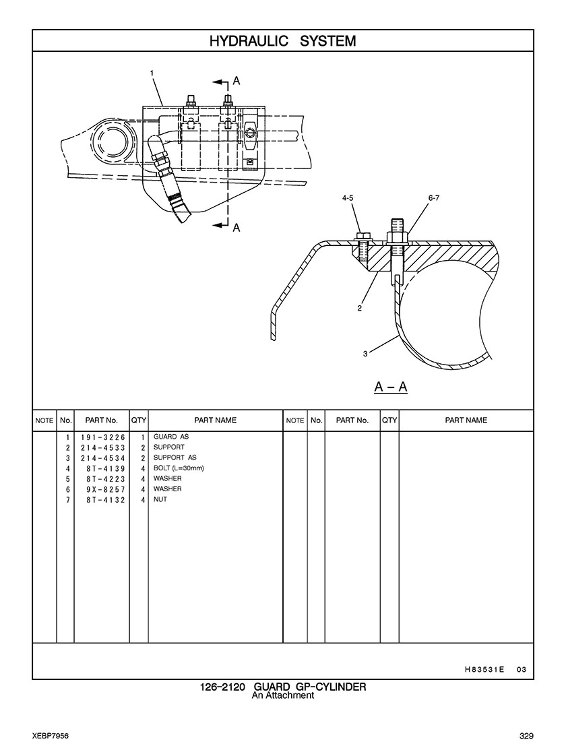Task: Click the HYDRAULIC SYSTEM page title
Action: pyautogui.click(x=283, y=41)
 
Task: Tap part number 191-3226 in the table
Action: pyautogui.click(x=103, y=437)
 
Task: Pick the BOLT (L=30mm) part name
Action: pyautogui.click(x=179, y=468)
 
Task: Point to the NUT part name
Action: pyautogui.click(x=160, y=499)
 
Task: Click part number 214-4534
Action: pyautogui.click(x=103, y=458)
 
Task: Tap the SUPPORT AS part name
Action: pyautogui.click(x=175, y=458)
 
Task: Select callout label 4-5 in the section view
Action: pyautogui.click(x=348, y=197)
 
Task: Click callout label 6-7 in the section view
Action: pyautogui.click(x=433, y=197)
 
